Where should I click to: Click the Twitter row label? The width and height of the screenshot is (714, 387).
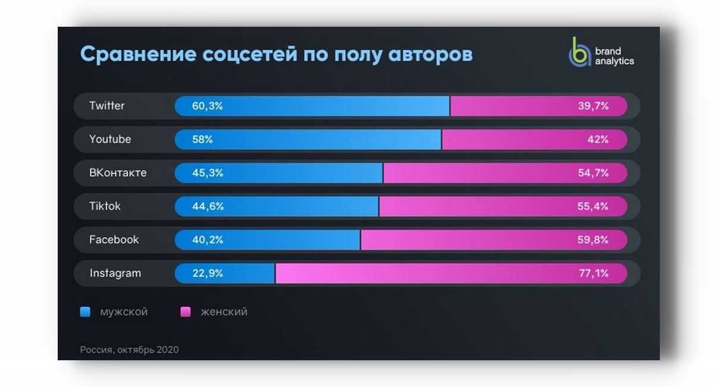107,106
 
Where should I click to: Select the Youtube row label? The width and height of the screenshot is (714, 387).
110,139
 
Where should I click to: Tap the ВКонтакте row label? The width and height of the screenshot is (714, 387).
118,173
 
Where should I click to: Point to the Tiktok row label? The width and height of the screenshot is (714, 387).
105,206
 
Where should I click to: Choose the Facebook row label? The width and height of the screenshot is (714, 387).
114,240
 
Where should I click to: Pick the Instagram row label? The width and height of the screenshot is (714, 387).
115,273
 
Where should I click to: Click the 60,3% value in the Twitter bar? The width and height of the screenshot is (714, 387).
207,106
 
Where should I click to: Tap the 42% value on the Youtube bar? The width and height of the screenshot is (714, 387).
597,140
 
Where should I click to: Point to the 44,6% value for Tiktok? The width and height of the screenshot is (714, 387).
208,207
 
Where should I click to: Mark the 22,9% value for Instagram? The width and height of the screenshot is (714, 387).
207,273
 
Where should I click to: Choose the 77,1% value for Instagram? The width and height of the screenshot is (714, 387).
594,273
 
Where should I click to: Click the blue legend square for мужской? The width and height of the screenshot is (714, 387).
85,312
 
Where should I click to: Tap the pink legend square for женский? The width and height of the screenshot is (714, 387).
186,312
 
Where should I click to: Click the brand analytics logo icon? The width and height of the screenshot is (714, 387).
577,52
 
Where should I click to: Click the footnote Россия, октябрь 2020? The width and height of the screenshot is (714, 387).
129,350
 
